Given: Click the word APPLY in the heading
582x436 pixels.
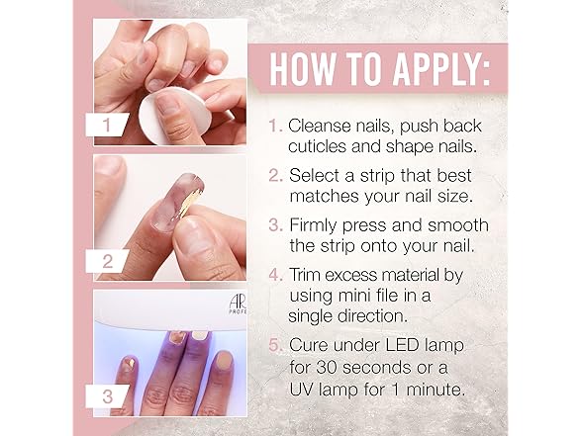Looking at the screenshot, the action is pos(441,69).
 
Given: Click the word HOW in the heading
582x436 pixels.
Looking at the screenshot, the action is pos(302,69).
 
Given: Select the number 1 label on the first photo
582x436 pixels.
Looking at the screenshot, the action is pos(107,125).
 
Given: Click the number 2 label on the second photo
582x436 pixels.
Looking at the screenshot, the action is pos(107,261).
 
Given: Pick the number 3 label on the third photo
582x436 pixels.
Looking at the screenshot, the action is pos(107,396).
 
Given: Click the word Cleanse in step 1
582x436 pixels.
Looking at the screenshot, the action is pos(319,127).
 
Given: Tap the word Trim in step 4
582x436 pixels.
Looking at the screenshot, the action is pos(304,275).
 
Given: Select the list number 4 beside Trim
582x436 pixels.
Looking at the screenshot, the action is pos(276,276).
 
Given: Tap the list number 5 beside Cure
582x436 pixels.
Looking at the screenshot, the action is pos(275,346).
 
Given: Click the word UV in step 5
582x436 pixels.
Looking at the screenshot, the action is pos(300,390).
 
